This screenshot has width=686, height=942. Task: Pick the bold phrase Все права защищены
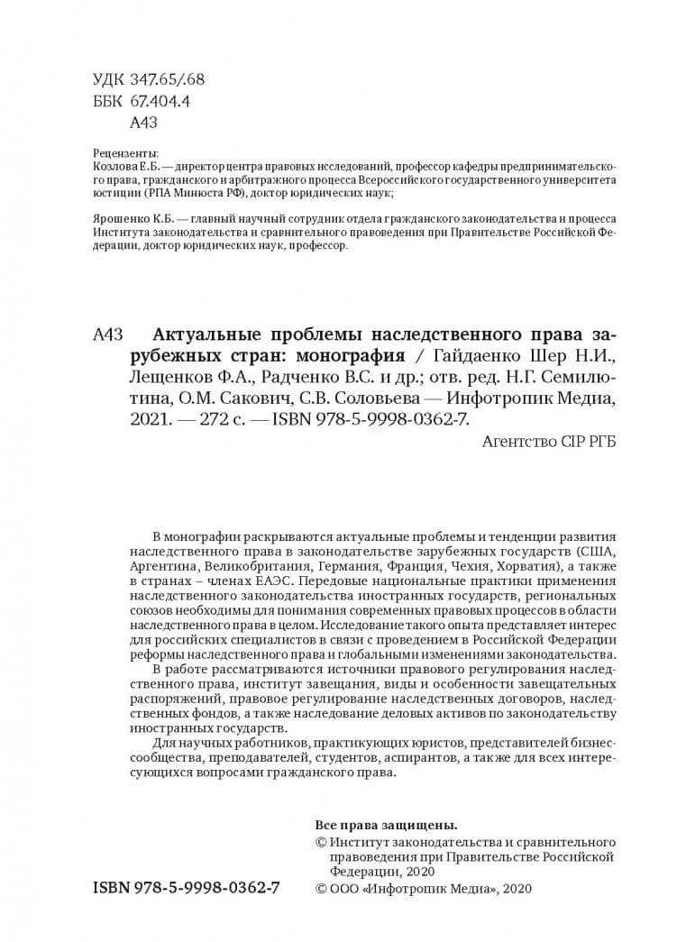pos(385,825)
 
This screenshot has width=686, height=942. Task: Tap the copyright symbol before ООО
pos(321,889)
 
